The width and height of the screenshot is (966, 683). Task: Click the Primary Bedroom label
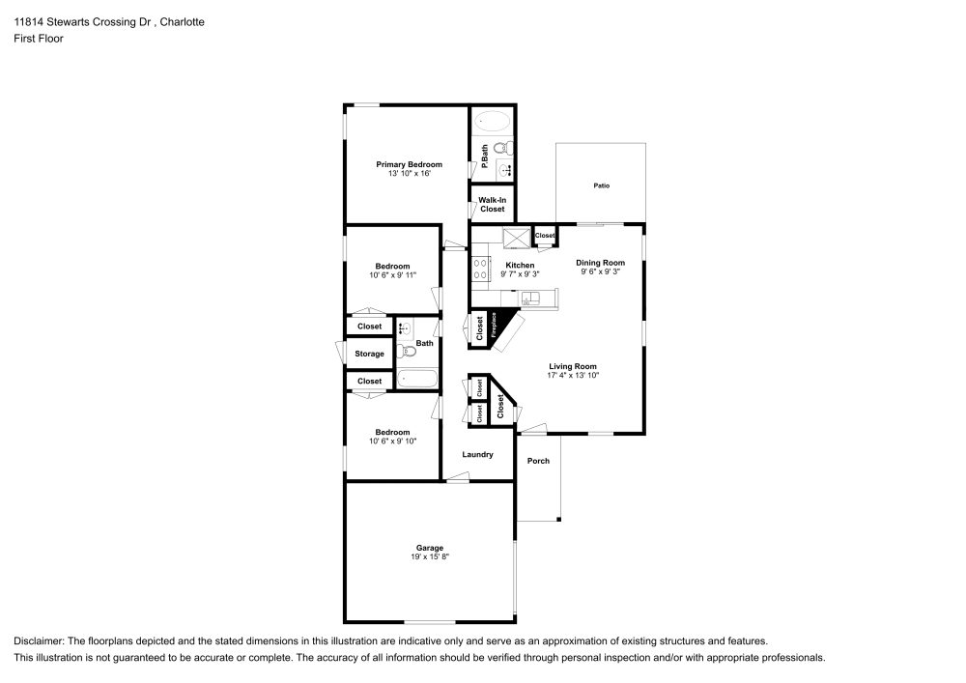tap(409, 165)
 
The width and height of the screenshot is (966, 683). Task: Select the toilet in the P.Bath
tap(500, 148)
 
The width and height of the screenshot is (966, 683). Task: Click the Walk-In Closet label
tap(492, 205)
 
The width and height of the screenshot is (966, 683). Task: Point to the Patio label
tap(601, 185)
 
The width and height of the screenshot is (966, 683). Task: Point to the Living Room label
tap(573, 366)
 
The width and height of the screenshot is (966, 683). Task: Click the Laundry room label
tap(478, 455)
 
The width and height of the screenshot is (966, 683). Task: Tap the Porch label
tap(538, 461)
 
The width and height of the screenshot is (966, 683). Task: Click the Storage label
tap(369, 355)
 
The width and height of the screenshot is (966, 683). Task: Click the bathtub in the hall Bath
tap(416, 378)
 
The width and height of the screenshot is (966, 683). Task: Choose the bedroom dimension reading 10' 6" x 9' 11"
tap(392, 275)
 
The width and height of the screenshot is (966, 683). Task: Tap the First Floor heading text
tap(39, 39)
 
